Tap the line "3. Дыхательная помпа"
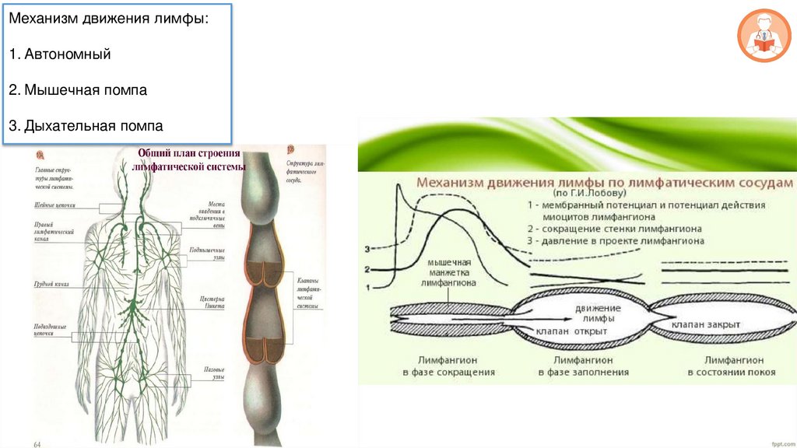(86, 126)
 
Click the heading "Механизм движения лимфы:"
(108, 19)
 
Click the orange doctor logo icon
(762, 37)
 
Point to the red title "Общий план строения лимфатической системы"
(190, 160)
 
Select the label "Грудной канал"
(51, 285)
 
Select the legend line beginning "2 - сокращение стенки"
(613, 229)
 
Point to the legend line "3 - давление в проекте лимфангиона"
(615, 241)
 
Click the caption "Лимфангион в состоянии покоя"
(730, 366)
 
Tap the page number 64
(37, 443)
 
